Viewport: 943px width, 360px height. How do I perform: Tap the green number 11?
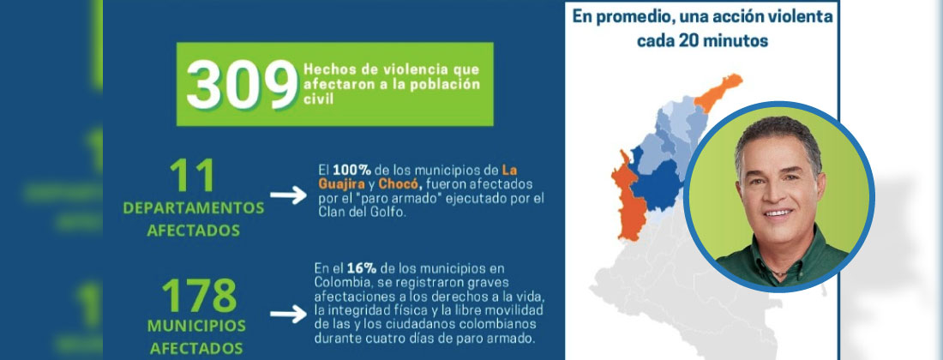coord(194,177)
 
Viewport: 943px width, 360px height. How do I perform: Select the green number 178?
coord(198,296)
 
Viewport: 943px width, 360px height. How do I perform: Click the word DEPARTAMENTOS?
coord(194,208)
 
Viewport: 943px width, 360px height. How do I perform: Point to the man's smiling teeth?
coord(777,211)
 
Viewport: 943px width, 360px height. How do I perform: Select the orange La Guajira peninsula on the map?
coord(715,93)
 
